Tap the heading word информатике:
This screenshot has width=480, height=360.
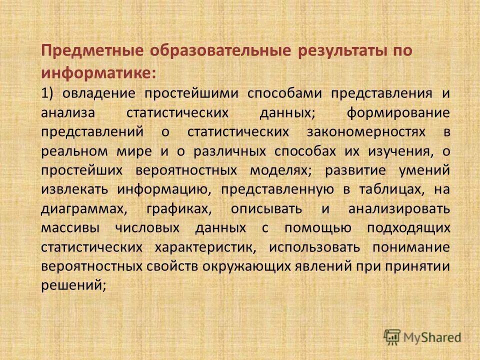[99, 73]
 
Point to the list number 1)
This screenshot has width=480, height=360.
[48, 93]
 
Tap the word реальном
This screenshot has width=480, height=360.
[72, 151]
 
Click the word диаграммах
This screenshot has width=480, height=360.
[79, 208]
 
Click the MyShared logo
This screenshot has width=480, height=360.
[422, 337]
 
